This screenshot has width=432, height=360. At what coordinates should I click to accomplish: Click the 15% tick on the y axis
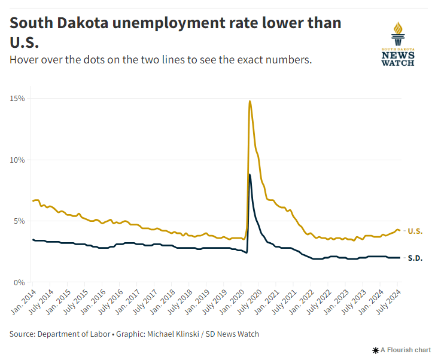(x=16, y=98)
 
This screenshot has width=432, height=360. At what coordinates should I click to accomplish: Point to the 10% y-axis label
(x=16, y=160)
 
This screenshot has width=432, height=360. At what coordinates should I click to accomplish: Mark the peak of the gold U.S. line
(x=250, y=101)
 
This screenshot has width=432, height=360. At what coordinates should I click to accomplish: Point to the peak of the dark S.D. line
(x=250, y=175)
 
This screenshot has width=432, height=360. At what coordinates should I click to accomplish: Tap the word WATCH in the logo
(x=398, y=62)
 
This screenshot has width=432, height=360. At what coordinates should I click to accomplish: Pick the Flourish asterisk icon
(x=375, y=350)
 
